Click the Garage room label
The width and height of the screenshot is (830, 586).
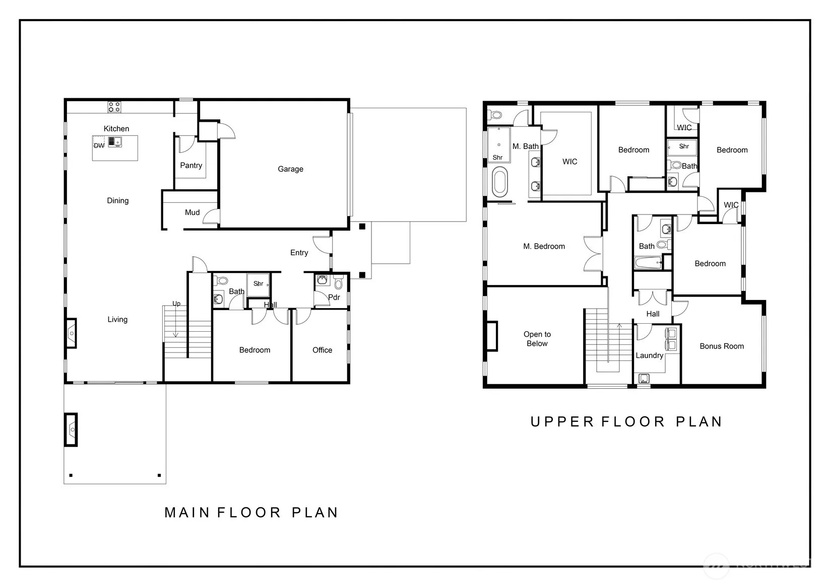click(290, 169)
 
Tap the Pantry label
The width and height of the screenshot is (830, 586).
click(191, 166)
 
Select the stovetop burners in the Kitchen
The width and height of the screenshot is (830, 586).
click(114, 107)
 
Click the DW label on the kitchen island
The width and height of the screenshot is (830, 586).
click(99, 146)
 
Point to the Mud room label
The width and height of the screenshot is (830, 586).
click(193, 212)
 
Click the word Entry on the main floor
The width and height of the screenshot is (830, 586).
click(299, 253)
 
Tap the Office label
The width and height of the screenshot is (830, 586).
click(323, 350)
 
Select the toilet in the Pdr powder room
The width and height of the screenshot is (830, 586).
click(338, 283)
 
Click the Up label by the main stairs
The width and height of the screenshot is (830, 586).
click(176, 304)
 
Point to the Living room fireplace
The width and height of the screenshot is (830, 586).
click(71, 333)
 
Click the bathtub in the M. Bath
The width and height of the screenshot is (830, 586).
click(499, 182)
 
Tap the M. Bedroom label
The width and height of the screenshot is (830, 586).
click(544, 247)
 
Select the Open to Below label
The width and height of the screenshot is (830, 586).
click(537, 339)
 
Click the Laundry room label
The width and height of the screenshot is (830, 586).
click(650, 356)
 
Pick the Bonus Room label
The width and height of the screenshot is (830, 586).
click(722, 346)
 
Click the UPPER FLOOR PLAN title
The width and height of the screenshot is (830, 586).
click(626, 422)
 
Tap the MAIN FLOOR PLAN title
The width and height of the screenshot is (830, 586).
click(251, 512)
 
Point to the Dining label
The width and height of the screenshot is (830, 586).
click(118, 201)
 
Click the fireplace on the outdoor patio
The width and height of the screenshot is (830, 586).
click(71, 430)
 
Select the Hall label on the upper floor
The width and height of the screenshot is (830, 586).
click(653, 314)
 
